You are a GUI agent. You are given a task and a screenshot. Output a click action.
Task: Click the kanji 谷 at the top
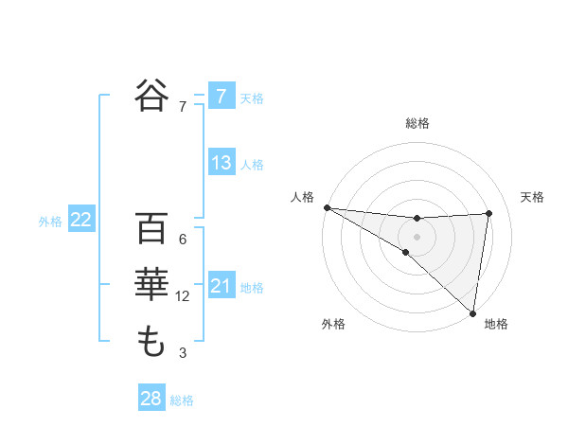pyautogui.click(x=151, y=95)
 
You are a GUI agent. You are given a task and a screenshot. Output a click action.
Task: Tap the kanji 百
pyautogui.click(x=151, y=229)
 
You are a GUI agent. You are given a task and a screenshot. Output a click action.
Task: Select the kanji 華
pyautogui.click(x=151, y=285)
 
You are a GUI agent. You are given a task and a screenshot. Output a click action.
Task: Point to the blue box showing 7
pyautogui.click(x=221, y=96)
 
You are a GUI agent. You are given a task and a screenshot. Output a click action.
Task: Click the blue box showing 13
pyautogui.click(x=221, y=163)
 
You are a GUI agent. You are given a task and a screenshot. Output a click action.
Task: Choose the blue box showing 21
pyautogui.click(x=221, y=286)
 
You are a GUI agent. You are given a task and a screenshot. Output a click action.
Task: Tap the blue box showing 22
pyautogui.click(x=81, y=220)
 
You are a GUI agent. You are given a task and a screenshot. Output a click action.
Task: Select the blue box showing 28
pyautogui.click(x=151, y=399)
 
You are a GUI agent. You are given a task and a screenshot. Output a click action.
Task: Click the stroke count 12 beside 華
pyautogui.click(x=183, y=296)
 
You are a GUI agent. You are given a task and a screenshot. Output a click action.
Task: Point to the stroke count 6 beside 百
pyautogui.click(x=183, y=240)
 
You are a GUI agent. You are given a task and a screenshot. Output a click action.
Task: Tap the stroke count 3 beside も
pyautogui.click(x=183, y=353)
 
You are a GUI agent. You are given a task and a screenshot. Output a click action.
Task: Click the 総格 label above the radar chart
pyautogui.click(x=417, y=123)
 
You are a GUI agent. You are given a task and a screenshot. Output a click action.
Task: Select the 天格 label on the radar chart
pyautogui.click(x=532, y=197)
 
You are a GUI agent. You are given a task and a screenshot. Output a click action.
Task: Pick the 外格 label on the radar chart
pyautogui.click(x=333, y=324)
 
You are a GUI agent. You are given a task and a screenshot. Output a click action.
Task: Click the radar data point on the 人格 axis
pyautogui.click(x=327, y=206)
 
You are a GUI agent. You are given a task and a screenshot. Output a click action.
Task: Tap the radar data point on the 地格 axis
pyautogui.click(x=472, y=311)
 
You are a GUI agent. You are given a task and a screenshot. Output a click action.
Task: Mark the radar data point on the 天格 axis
pyautogui.click(x=489, y=213)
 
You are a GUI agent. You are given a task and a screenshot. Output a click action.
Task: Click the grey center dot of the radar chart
pyautogui.click(x=417, y=236)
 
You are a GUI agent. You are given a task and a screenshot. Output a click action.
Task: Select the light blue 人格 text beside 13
pyautogui.click(x=252, y=165)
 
